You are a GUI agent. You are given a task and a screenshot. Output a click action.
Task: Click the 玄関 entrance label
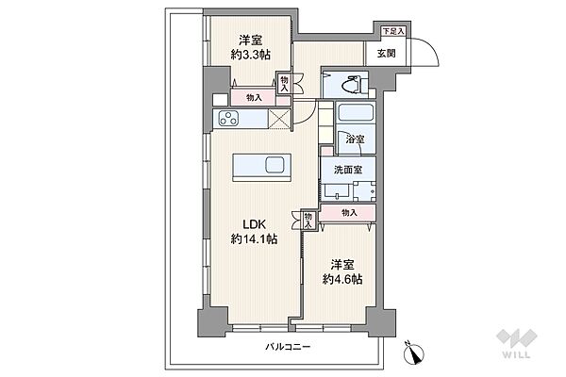point(386,54)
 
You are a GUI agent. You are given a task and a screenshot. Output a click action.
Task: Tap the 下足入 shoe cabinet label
point(393,31)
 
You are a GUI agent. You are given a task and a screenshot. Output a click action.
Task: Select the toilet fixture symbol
point(349,84)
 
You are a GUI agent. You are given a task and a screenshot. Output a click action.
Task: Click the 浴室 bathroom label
point(355,139)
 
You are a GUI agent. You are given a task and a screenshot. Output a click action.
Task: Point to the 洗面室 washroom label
point(348,170)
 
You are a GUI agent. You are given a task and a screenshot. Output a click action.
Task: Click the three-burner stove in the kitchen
point(229,119)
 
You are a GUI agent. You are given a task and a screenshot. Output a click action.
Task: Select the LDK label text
point(254,224)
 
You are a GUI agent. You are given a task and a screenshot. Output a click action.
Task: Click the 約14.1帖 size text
point(254,238)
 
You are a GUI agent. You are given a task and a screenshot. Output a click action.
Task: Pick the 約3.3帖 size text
point(251,55)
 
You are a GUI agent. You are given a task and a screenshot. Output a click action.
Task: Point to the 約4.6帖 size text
point(342,279)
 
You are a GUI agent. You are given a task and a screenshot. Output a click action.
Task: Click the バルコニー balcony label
point(288,347)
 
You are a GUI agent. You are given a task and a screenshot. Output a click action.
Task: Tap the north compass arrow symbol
point(414,352)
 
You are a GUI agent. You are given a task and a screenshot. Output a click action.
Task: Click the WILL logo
point(517,344)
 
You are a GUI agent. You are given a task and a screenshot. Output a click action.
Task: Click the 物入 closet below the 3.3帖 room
point(254,97)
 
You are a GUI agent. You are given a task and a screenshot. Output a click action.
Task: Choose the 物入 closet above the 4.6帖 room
point(349,213)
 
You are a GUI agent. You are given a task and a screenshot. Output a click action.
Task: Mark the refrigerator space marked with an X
point(279,119)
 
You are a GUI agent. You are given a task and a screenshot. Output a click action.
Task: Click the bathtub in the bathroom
point(356,113)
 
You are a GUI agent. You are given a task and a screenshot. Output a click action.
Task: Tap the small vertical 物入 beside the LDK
point(308,221)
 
